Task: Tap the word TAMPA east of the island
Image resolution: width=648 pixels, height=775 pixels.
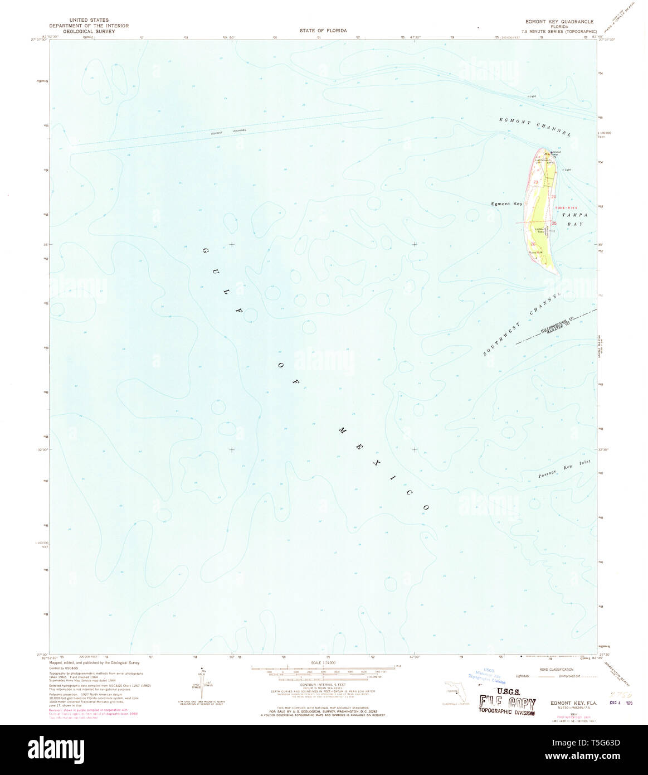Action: click(572, 214)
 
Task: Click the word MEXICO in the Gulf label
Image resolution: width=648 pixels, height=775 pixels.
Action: click(384, 468)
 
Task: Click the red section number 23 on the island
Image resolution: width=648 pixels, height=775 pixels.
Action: click(536, 182)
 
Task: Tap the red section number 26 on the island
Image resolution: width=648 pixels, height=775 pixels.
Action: click(533, 244)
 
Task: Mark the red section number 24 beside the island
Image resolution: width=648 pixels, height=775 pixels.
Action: click(554, 197)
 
